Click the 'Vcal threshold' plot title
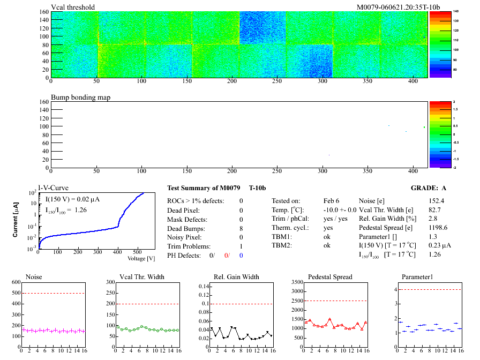click(x=73, y=7)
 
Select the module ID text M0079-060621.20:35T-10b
click(x=399, y=7)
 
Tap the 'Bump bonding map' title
click(x=80, y=97)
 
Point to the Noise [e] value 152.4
click(x=437, y=201)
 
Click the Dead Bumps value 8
click(x=241, y=228)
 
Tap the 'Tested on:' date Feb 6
click(x=332, y=201)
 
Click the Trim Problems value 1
click(x=241, y=246)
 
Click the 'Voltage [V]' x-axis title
click(x=141, y=259)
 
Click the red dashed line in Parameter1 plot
click(x=429, y=290)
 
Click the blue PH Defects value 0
click(x=241, y=256)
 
